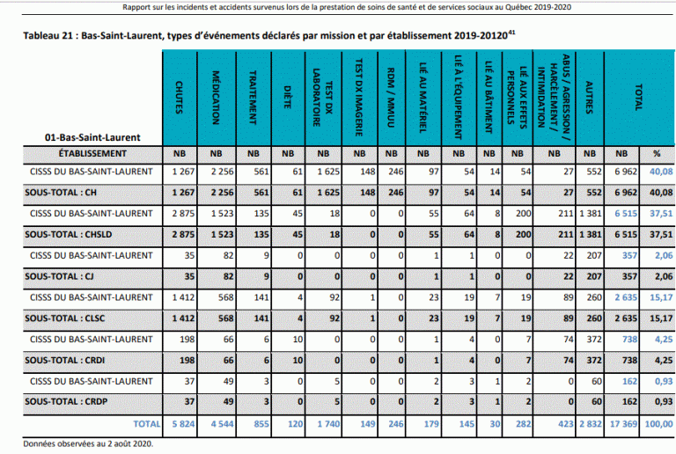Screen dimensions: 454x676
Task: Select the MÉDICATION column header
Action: point(217,94)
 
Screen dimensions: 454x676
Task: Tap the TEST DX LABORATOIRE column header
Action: point(321,94)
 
